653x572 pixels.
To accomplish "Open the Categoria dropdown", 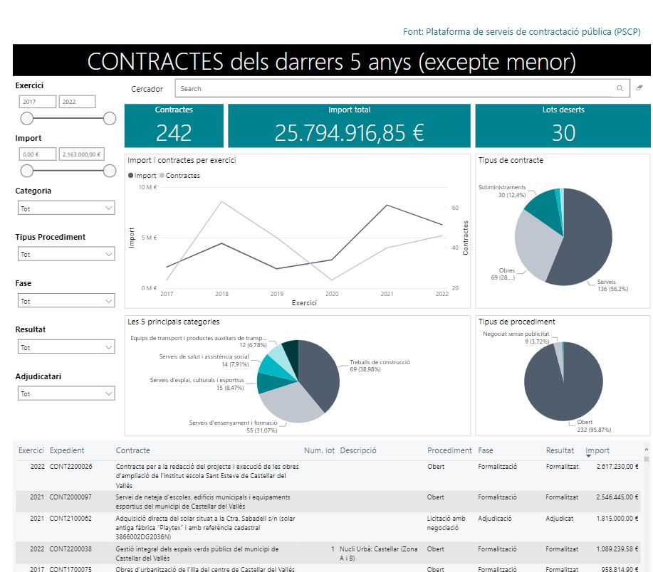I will click(x=66, y=208).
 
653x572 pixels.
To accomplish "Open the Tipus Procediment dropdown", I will click(x=66, y=254).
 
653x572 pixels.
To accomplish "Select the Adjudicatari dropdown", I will click(x=66, y=393).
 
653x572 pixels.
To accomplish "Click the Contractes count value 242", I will click(x=174, y=133).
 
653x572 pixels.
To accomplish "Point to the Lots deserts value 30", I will click(x=563, y=133).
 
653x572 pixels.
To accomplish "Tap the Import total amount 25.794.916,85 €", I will click(x=349, y=133).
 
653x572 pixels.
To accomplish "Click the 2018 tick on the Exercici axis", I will click(x=221, y=294).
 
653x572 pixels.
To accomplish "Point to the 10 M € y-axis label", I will click(x=147, y=188).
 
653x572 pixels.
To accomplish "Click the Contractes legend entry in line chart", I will click(x=182, y=176).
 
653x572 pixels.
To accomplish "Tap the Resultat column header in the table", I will click(x=560, y=450).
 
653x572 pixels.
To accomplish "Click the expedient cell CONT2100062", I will click(x=70, y=519).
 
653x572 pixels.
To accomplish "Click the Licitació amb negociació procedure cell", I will click(x=446, y=523).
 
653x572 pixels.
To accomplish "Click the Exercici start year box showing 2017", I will click(x=37, y=102).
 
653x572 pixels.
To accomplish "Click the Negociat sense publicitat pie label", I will click(x=516, y=333).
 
